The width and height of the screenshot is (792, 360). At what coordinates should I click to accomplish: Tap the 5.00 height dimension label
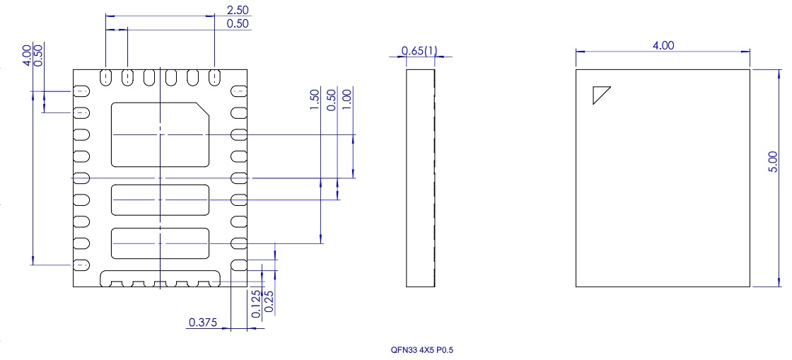(774, 161)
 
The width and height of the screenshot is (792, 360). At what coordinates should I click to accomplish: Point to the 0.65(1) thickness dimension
(419, 51)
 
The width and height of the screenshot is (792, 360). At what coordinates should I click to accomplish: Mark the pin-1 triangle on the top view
(600, 95)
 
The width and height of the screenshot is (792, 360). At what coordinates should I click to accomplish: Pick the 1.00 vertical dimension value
(346, 95)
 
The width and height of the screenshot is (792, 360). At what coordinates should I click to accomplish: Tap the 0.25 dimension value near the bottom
(268, 300)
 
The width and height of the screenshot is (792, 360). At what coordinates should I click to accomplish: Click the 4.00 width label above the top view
(663, 45)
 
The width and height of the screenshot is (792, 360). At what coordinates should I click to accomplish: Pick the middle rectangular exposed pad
(160, 200)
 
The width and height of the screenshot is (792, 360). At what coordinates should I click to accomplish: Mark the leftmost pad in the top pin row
(105, 76)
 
